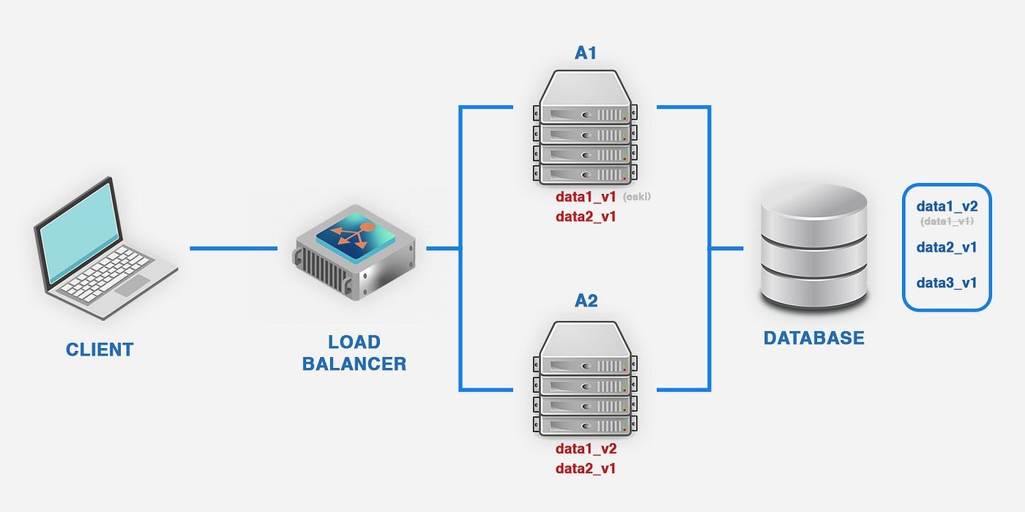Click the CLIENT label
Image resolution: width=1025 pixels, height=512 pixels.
pos(100,350)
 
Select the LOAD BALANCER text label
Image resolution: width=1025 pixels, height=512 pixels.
pos(354,353)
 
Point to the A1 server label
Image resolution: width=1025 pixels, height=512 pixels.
pos(586,53)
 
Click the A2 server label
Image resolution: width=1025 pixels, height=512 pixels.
pos(586,300)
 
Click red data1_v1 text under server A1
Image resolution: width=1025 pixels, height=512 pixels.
pos(586,197)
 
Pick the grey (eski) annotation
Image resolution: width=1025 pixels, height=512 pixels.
pos(636,197)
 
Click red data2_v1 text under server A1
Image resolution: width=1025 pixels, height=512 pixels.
pos(586,217)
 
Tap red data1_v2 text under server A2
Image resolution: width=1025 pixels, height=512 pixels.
pos(586,449)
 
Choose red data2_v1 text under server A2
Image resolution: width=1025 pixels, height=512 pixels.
pos(586,468)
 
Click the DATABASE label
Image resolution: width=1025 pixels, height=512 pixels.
pos(814,338)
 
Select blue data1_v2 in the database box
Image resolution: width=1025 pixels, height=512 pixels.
pos(947,207)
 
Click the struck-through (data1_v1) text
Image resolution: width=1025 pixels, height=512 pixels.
pos(947,221)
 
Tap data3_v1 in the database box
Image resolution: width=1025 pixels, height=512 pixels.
pos(947,283)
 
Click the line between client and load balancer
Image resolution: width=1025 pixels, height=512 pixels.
pos(233,249)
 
